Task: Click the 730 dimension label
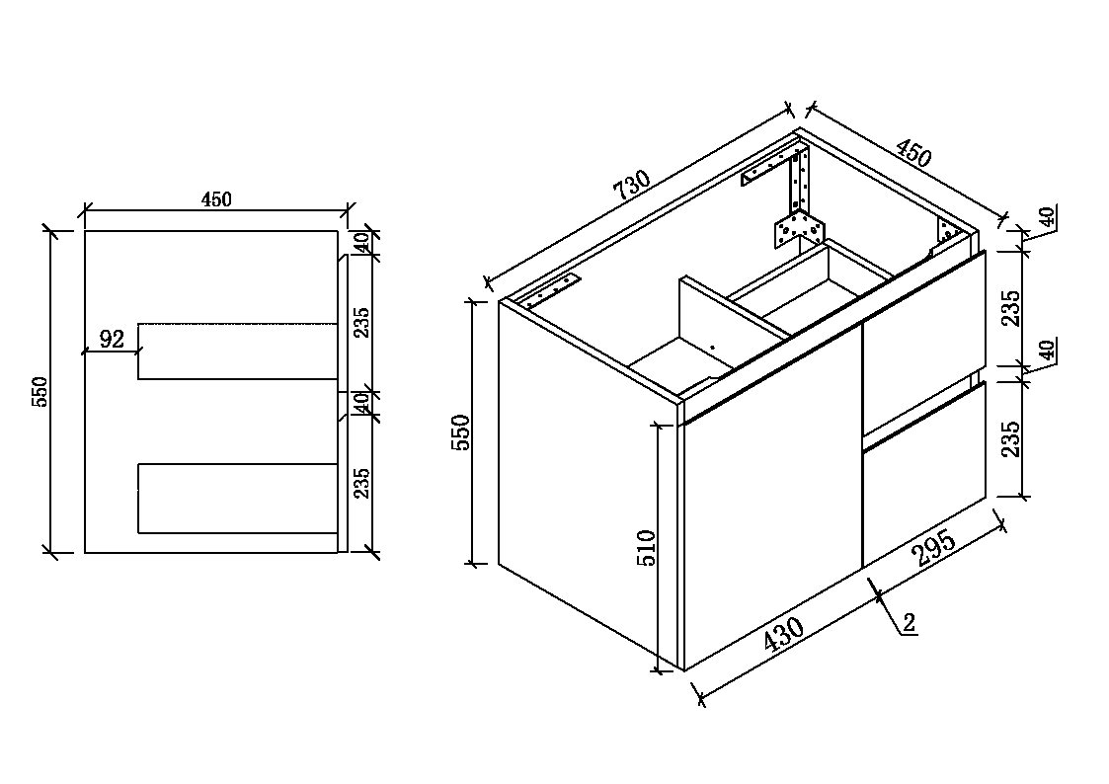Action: (631, 186)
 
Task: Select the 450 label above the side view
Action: (216, 199)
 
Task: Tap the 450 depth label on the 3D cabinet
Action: (913, 154)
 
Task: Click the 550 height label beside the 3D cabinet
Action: (461, 432)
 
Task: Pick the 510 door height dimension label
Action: (647, 548)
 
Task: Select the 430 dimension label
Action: (784, 634)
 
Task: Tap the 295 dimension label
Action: (935, 548)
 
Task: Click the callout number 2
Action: (910, 622)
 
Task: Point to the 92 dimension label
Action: (112, 340)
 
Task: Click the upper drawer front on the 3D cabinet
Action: (923, 345)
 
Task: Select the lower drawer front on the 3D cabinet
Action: (923, 474)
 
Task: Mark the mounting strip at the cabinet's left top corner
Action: (552, 291)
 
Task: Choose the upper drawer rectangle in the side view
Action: (238, 352)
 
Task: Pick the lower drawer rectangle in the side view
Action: (238, 499)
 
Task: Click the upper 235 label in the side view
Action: (361, 322)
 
